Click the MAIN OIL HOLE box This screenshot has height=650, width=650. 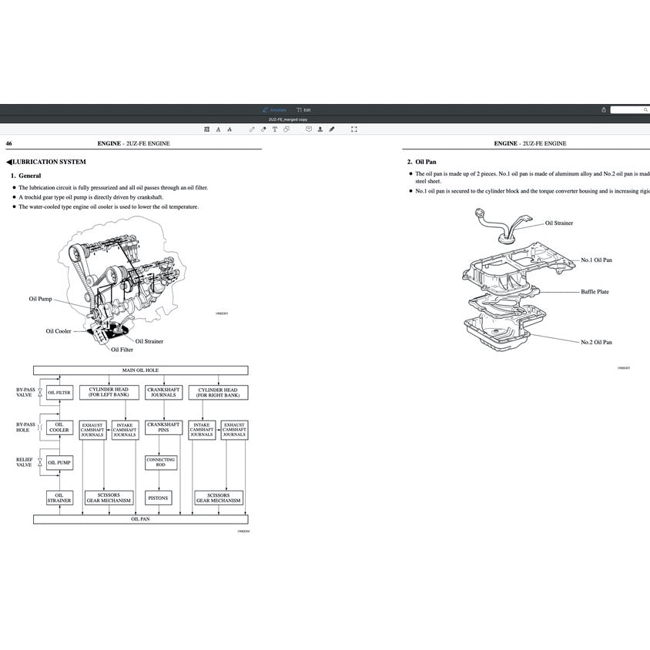point(140,370)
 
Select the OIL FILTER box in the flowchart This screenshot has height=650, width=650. point(60,393)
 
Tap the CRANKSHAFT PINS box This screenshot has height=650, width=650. point(163,427)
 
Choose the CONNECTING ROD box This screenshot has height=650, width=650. point(161,462)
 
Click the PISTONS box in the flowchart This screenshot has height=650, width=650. point(158,498)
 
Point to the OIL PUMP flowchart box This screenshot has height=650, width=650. point(60,463)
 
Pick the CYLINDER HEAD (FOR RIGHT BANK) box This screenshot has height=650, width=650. point(219,393)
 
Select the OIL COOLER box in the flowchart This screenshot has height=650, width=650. point(59,427)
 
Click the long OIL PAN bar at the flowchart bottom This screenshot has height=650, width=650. point(140,520)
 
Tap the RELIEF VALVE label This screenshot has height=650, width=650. point(24,462)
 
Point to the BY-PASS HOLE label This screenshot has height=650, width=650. point(25,427)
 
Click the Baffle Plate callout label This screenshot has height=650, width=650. point(595,292)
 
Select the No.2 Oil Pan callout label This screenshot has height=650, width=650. point(596,342)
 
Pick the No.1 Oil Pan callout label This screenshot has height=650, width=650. point(596,260)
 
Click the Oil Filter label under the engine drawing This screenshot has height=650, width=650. point(122,350)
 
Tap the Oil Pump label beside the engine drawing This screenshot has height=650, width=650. point(40,299)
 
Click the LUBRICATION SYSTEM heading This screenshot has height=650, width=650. point(48,162)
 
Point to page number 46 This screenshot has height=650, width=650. point(8,143)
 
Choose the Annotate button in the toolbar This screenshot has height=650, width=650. point(274,110)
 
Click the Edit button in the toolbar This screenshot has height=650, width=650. point(303,110)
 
